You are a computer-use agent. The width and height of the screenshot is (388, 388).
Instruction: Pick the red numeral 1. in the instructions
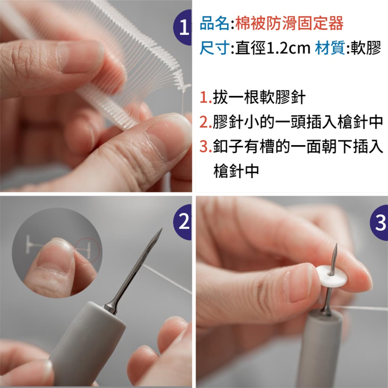coord(206,98)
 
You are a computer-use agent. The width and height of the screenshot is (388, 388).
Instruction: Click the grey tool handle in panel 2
coord(89,341)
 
